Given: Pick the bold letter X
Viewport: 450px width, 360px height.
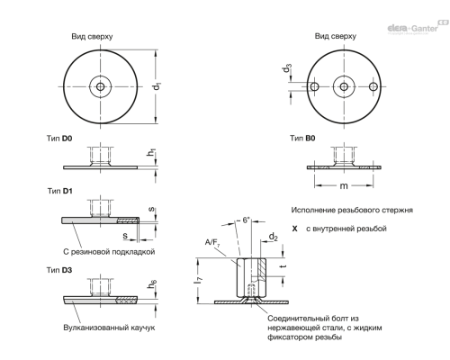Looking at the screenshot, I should tap(294, 229).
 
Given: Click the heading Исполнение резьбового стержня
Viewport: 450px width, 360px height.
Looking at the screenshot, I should tap(347, 210).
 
